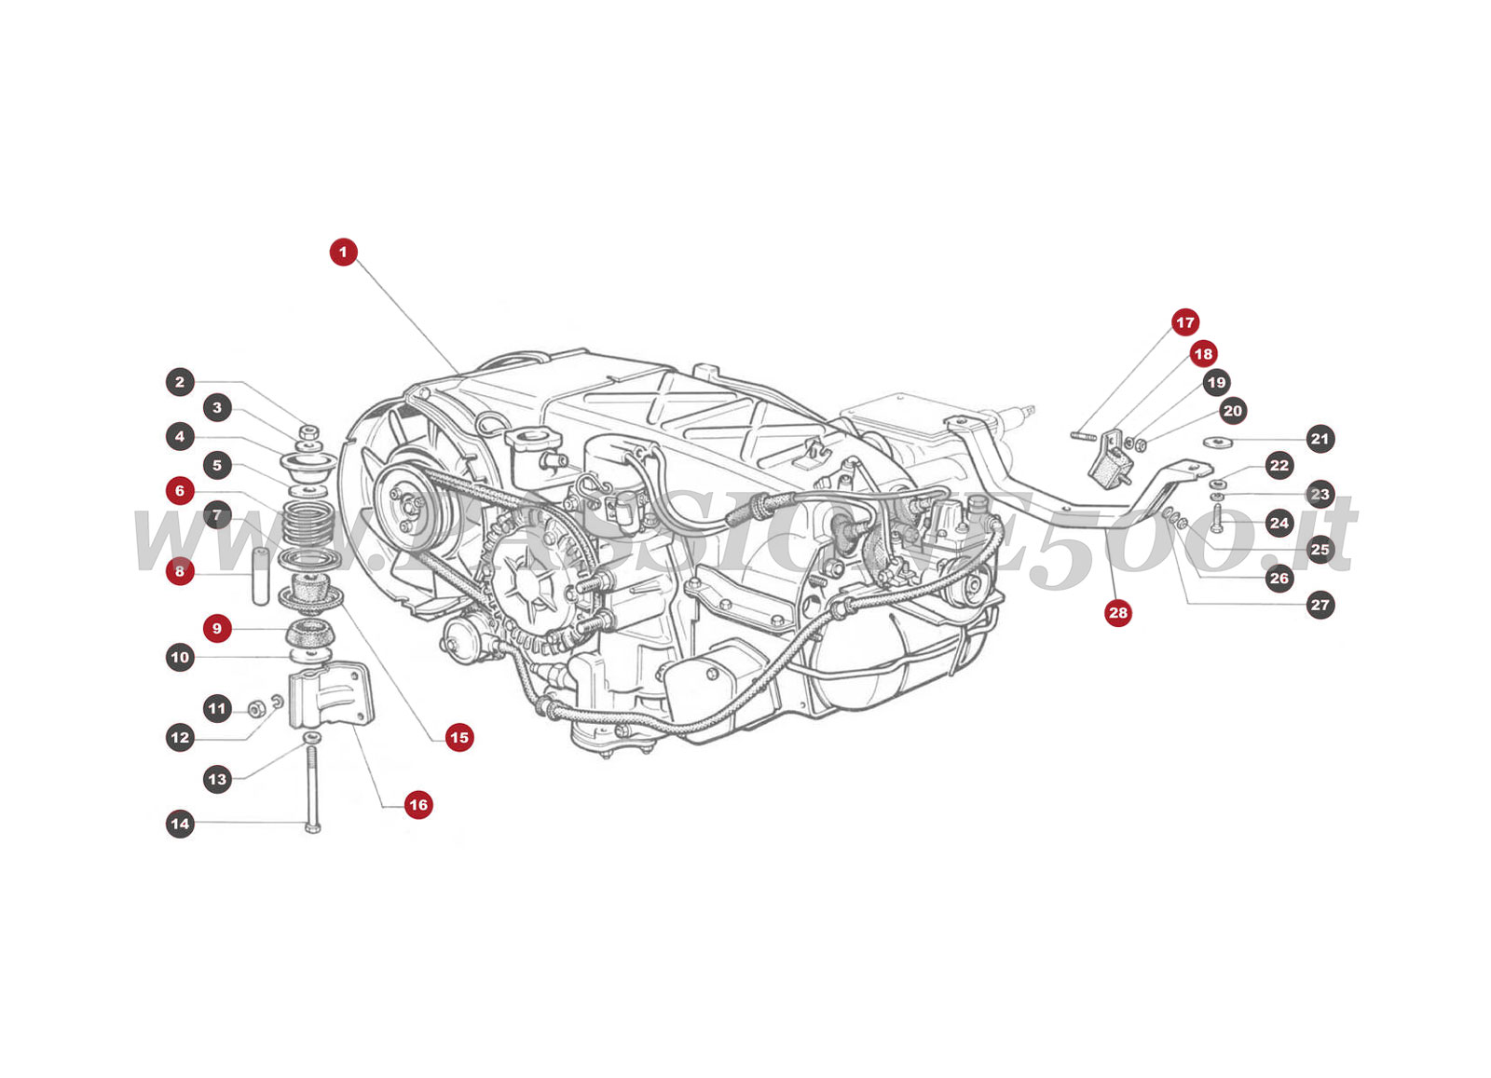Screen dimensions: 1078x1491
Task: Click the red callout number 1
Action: [x=343, y=252]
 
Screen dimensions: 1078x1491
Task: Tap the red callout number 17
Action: [x=1184, y=322]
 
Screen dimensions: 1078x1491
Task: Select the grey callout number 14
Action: [x=180, y=824]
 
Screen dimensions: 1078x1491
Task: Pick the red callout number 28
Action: [x=1117, y=612]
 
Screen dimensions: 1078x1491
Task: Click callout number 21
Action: [x=1320, y=439]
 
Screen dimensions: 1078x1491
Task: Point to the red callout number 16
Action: [x=417, y=804]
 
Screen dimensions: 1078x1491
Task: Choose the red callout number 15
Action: [x=458, y=737]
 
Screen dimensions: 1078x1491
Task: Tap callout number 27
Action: [x=1320, y=605]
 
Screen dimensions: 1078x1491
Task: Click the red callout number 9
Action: [x=216, y=628]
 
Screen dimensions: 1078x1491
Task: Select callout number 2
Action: [x=180, y=381]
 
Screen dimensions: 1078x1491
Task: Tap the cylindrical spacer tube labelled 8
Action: [x=262, y=577]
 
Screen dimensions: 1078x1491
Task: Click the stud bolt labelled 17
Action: [x=1083, y=434]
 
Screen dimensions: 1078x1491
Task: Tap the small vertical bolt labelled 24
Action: [x=1216, y=517]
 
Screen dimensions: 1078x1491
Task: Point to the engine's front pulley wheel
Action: [x=407, y=504]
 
